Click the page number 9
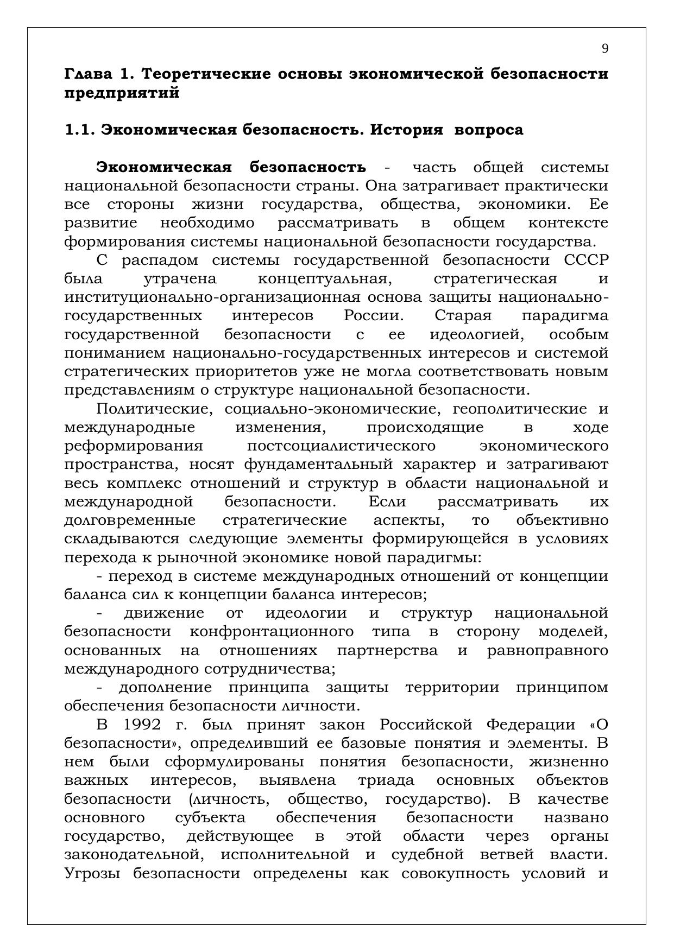tap(604, 49)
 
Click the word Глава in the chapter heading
tap(86, 74)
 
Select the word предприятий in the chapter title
tap(122, 93)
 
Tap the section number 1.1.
tap(80, 130)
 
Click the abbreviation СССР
tap(586, 261)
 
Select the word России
tap(374, 316)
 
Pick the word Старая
tap(463, 316)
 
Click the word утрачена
tap(180, 279)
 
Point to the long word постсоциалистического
tap(341, 446)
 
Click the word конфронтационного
tap(272, 632)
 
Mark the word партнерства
tap(387, 650)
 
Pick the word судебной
tap(427, 855)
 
